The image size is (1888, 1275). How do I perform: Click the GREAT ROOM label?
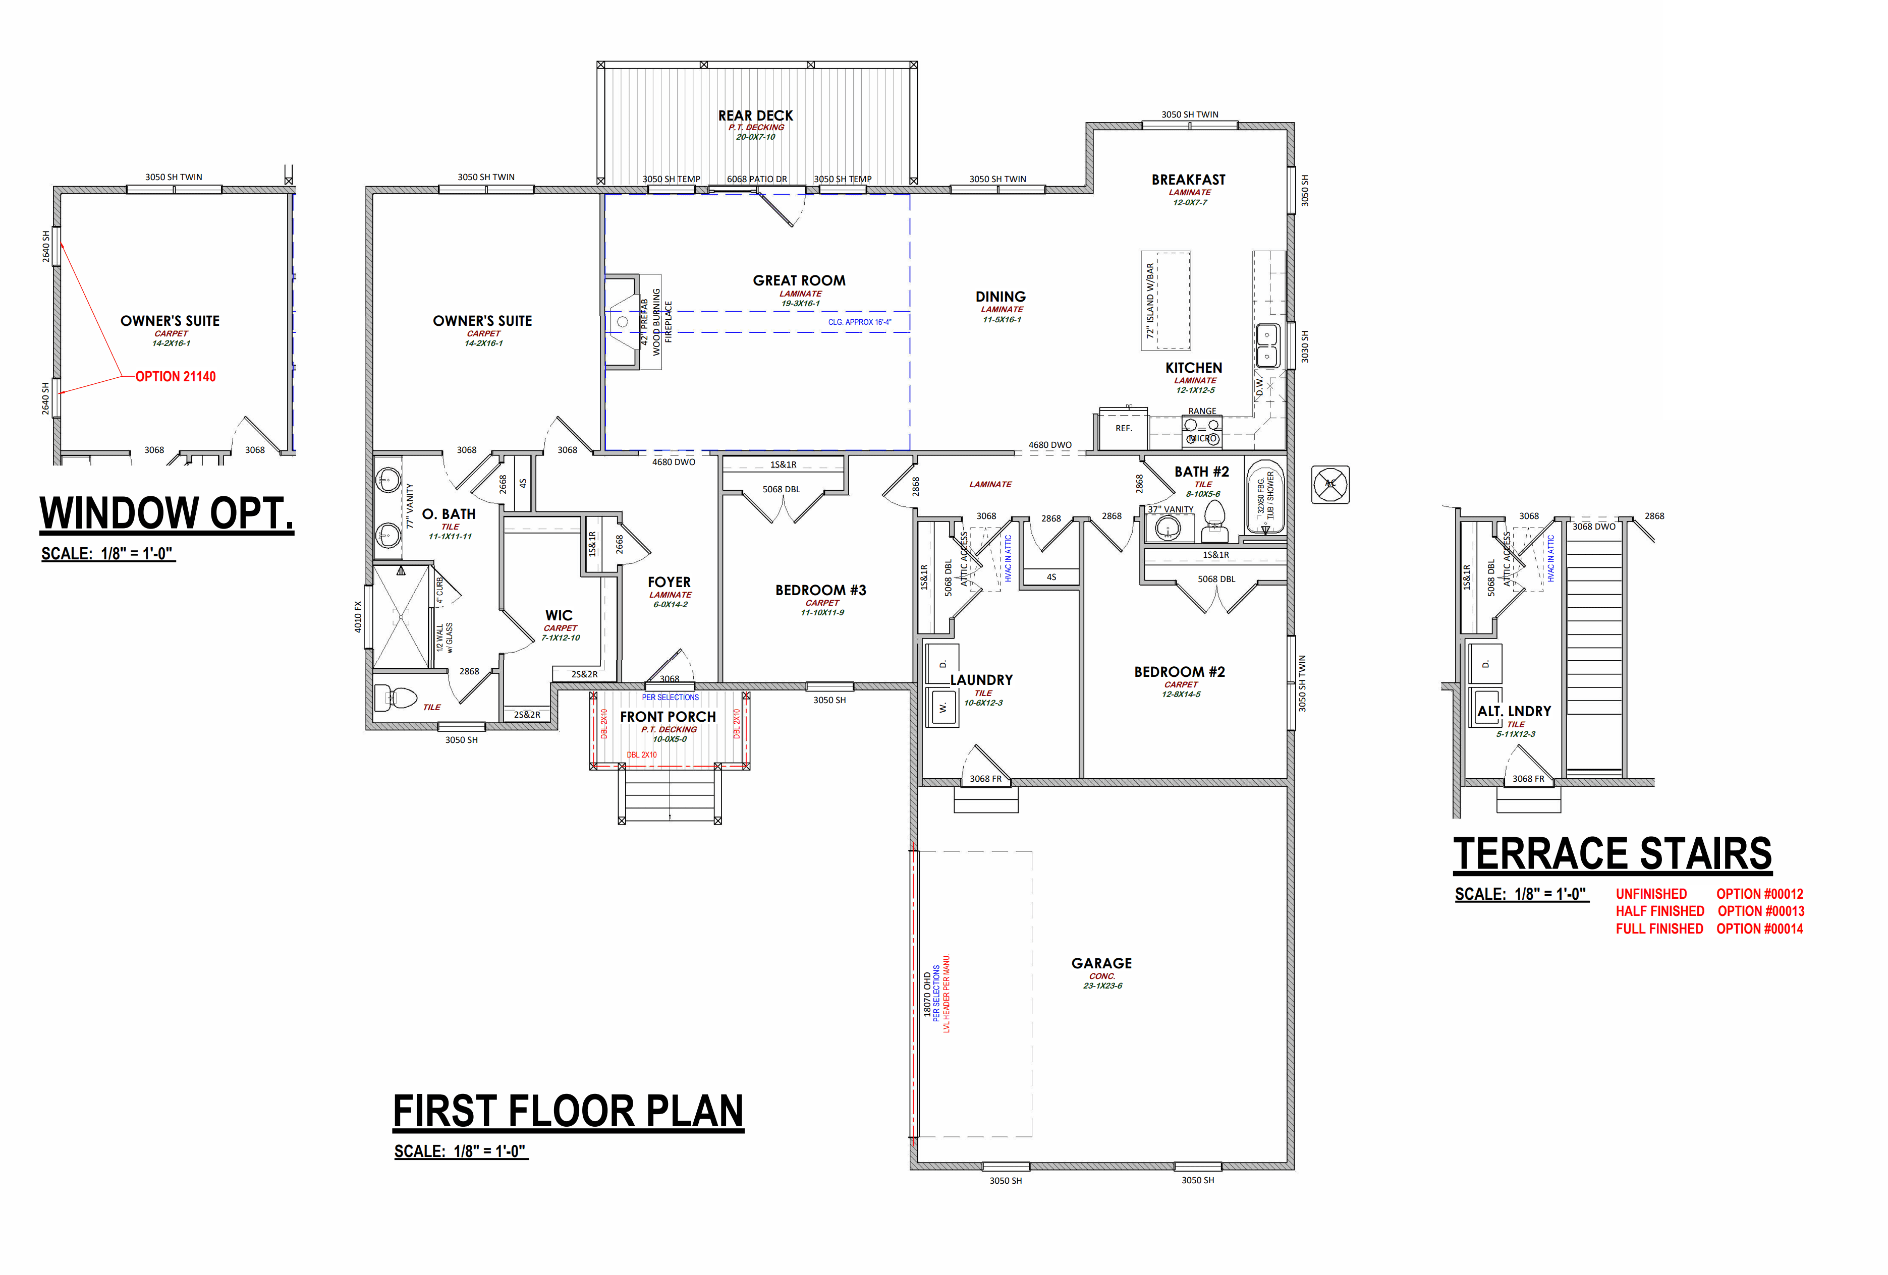click(x=799, y=280)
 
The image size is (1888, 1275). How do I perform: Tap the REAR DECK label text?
click(x=755, y=115)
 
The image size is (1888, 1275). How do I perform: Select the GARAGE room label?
click(x=1101, y=963)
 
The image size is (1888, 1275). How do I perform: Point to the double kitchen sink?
click(x=1267, y=345)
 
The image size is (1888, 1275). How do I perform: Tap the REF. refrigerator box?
click(x=1123, y=429)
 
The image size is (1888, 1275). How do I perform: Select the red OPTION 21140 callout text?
click(x=176, y=376)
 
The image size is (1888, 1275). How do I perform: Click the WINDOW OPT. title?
click(x=166, y=513)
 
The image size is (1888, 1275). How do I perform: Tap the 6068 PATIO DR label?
click(x=756, y=179)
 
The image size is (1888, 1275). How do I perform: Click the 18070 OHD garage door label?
click(x=927, y=994)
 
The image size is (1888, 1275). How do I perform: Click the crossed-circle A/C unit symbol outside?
click(x=1330, y=484)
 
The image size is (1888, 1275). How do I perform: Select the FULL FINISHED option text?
click(x=1659, y=928)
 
